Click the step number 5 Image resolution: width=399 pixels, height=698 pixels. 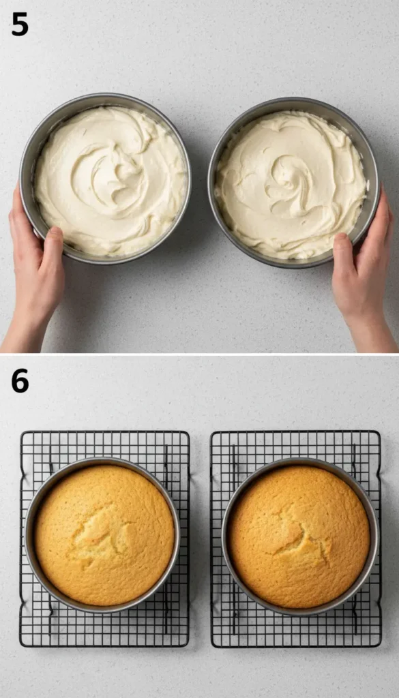[20, 24]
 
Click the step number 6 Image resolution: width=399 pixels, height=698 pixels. [20, 380]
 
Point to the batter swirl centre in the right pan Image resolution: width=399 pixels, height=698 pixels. [292, 178]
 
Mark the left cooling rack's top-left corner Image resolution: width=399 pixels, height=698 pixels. [20, 431]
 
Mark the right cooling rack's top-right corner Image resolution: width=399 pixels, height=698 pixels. [379, 431]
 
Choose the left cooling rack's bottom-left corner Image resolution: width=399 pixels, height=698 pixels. [20, 645]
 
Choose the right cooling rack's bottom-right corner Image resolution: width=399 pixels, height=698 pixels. [380, 646]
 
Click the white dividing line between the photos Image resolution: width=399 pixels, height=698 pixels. [199, 354]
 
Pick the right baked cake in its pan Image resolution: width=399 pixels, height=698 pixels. [299, 536]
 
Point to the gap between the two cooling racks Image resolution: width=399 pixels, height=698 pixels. [200, 538]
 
